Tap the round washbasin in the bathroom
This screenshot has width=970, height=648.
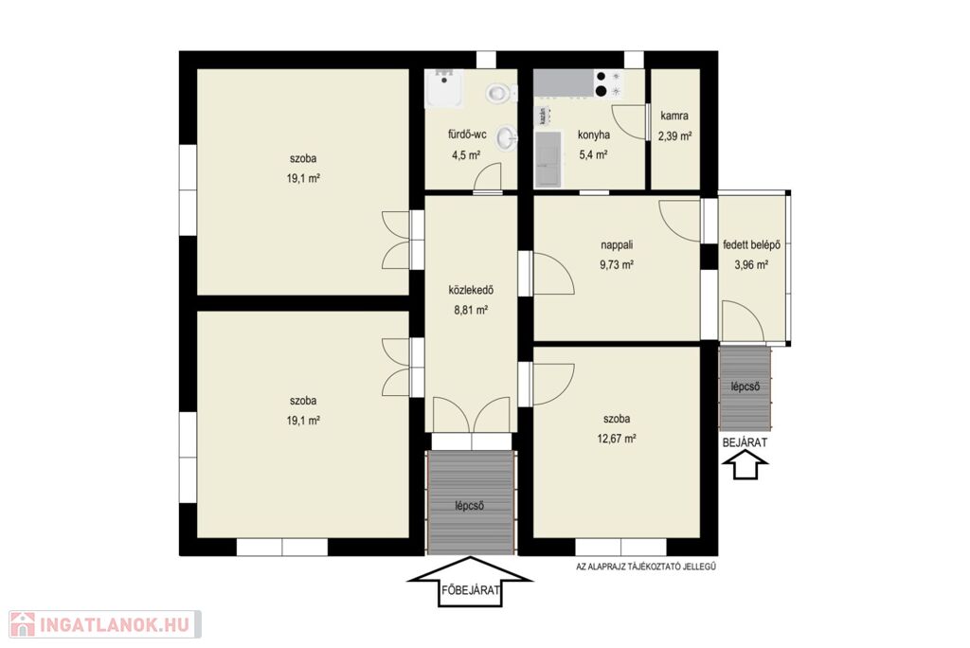click(x=508, y=137)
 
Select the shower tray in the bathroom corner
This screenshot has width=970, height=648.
click(x=443, y=88)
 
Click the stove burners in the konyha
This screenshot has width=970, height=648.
click(x=608, y=83)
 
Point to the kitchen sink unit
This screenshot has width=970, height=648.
click(x=548, y=158)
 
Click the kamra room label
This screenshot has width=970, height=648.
click(x=674, y=116)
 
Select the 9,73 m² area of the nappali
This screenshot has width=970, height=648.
click(x=617, y=264)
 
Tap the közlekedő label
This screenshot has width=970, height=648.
click(x=471, y=290)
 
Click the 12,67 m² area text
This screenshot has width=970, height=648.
click(x=617, y=439)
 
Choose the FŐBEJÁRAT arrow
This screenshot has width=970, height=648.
click(x=470, y=582)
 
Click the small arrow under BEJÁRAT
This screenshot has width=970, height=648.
click(x=745, y=465)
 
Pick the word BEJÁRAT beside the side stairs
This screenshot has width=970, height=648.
click(x=745, y=442)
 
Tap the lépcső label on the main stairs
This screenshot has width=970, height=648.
click(x=470, y=506)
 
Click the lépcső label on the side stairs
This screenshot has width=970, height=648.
click(x=745, y=387)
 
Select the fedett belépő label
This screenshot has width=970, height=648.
click(x=751, y=245)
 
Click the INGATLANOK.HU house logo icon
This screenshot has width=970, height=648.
click(x=23, y=624)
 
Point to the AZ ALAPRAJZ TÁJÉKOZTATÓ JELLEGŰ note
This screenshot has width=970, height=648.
click(x=646, y=566)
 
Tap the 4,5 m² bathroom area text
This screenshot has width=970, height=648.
click(x=466, y=154)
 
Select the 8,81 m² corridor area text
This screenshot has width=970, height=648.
click(x=471, y=310)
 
